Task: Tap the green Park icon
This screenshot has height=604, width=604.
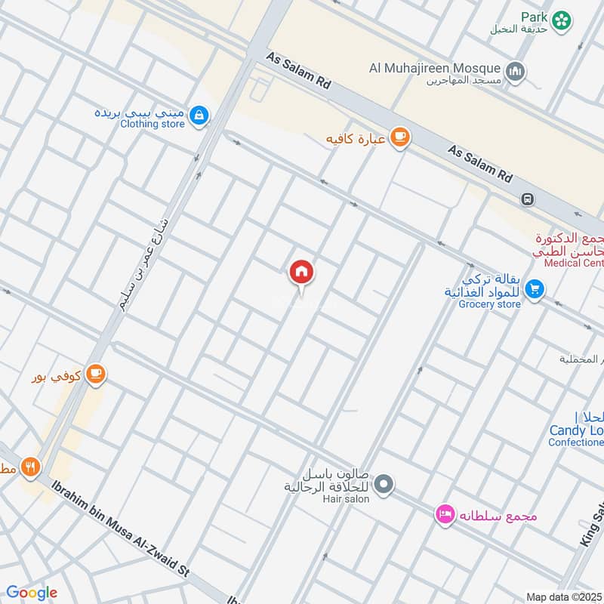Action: [x=562, y=20]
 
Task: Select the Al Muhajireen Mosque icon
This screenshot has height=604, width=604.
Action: [x=516, y=71]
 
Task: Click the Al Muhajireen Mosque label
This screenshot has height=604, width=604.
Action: [x=435, y=69]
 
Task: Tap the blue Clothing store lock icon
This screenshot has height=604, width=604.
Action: [x=199, y=116]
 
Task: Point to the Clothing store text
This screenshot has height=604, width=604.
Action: [x=153, y=124]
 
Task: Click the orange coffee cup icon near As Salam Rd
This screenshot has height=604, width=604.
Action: [x=399, y=137]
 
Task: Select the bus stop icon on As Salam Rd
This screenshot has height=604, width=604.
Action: [x=527, y=199]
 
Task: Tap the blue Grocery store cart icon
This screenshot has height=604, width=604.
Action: [x=535, y=289]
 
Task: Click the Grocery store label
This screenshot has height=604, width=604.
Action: [x=490, y=304]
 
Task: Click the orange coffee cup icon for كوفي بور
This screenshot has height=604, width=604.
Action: [x=95, y=373]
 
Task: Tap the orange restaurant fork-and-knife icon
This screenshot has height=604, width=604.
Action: [x=30, y=467]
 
